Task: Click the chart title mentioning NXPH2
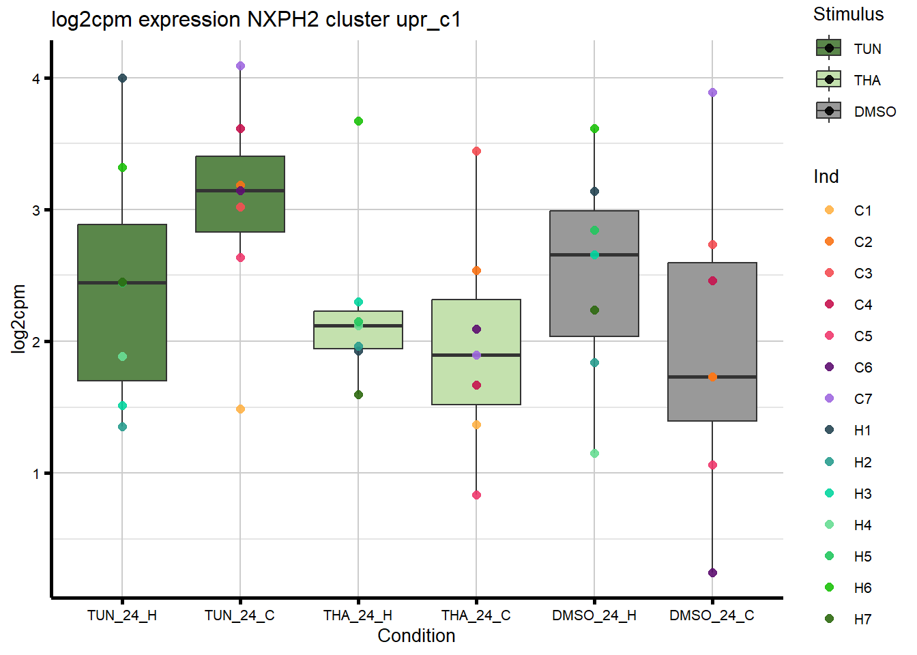coord(256,20)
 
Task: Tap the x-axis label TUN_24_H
coord(122,615)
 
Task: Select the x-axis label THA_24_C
coord(476,615)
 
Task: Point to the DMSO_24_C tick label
coord(712,615)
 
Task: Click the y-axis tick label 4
coord(36,78)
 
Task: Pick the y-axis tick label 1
coord(36,474)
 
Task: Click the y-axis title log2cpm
coord(18,319)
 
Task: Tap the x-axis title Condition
coord(416,636)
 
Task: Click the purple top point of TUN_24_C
coord(240,66)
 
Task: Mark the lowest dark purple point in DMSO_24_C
coord(712,572)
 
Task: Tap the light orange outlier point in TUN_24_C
coord(240,409)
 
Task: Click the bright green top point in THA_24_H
coord(358,121)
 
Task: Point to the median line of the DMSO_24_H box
coord(594,254)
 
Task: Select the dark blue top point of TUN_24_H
coord(122,78)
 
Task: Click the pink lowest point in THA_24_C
coord(476,495)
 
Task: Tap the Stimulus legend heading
coord(848,14)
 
